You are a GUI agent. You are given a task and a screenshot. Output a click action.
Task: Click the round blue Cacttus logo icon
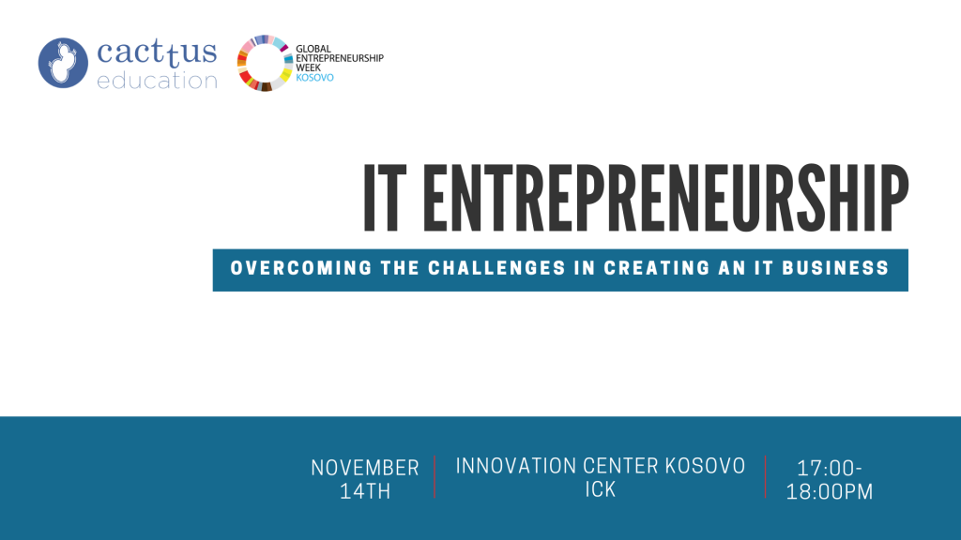point(63,63)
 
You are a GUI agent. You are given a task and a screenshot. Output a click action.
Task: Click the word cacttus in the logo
point(157,52)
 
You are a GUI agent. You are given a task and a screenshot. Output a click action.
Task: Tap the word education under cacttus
point(157,81)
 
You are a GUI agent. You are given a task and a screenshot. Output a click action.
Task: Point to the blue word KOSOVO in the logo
point(314,78)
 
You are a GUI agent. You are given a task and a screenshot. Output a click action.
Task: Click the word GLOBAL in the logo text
point(313,49)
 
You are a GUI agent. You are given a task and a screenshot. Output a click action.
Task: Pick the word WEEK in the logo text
point(308,67)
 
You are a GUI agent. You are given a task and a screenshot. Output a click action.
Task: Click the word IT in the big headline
point(385,198)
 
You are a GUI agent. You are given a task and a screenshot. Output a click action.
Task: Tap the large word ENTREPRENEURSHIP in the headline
point(665,198)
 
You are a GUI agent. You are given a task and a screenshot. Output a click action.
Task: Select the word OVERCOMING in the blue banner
point(301,268)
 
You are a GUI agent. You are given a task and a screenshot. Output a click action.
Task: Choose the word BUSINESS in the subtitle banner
point(835,268)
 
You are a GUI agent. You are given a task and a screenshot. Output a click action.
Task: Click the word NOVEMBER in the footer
point(365,469)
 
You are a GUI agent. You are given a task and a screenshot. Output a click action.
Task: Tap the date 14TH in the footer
point(365,491)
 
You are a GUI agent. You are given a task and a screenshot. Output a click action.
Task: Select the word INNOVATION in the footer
point(516,467)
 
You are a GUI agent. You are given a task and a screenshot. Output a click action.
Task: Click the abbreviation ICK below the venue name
point(600,489)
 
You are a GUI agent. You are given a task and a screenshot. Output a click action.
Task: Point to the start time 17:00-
point(830,469)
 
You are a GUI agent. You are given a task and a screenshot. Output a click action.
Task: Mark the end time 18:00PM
point(830,492)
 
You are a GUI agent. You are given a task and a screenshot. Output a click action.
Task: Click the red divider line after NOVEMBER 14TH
point(435,477)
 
